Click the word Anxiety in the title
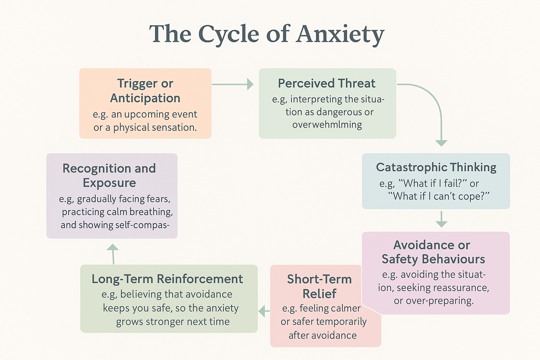coord(340,34)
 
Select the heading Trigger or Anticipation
coord(145,91)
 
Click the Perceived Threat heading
coord(327,83)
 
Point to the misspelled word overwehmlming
coord(327,125)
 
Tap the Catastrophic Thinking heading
coord(436,167)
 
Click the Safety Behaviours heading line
coord(433,259)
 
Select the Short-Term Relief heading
coord(319,286)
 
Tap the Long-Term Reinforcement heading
coord(167,279)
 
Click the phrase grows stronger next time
coord(173,322)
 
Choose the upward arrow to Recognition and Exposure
coord(113,253)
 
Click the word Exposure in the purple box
coord(109,183)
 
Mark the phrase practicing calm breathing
coord(117,212)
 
